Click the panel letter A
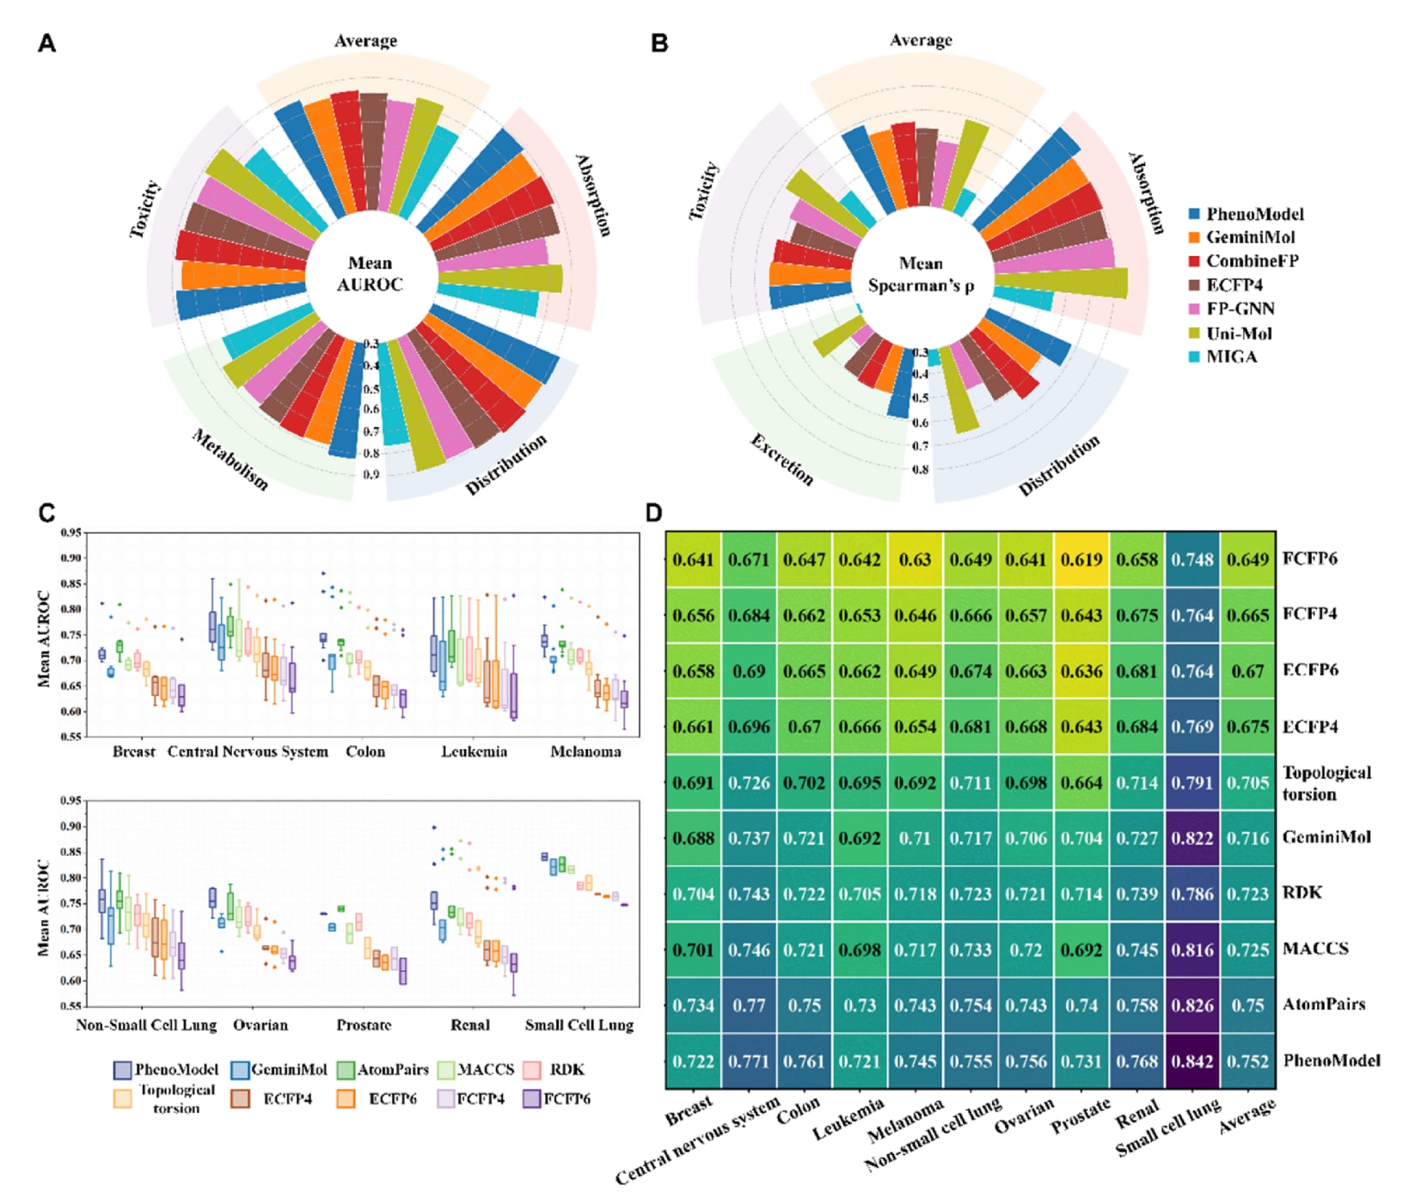pyautogui.click(x=46, y=43)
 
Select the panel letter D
pyautogui.click(x=653, y=513)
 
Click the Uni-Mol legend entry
pyautogui.click(x=1238, y=333)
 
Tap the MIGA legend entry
pyautogui.click(x=1231, y=357)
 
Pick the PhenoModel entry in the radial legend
pyautogui.click(x=1253, y=214)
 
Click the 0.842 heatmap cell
pyautogui.click(x=1192, y=1061)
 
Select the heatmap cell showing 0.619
pyautogui.click(x=1081, y=560)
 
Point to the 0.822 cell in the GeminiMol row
pyautogui.click(x=1192, y=838)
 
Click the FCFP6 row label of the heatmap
pyautogui.click(x=1309, y=559)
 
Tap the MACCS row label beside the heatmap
pyautogui.click(x=1315, y=949)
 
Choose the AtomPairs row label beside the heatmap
pyautogui.click(x=1323, y=1004)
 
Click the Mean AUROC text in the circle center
pyautogui.click(x=370, y=274)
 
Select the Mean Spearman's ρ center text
pyautogui.click(x=921, y=274)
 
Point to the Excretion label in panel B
pyautogui.click(x=781, y=460)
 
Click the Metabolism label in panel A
pyautogui.click(x=230, y=460)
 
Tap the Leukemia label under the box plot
pyautogui.click(x=474, y=752)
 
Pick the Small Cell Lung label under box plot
pyautogui.click(x=579, y=1025)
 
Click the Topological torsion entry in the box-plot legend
pyautogui.click(x=175, y=1099)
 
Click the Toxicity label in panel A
pyautogui.click(x=144, y=209)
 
